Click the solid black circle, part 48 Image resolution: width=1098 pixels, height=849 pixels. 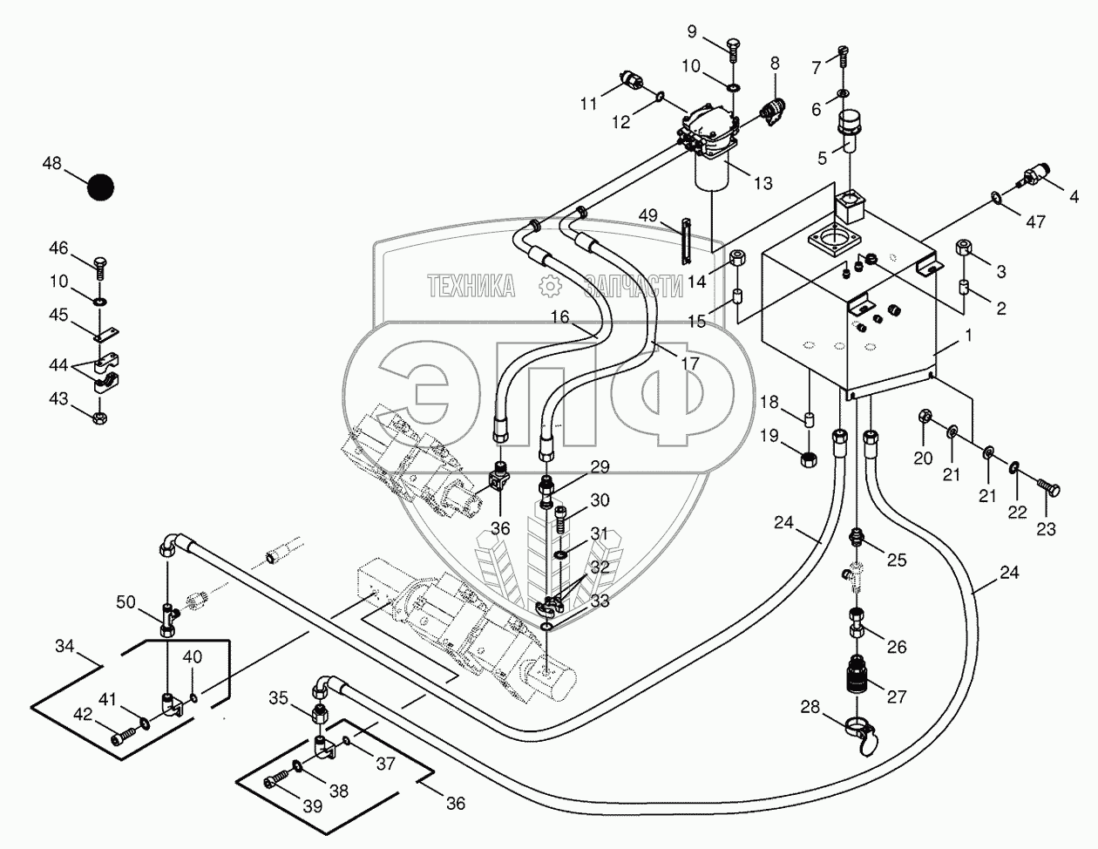coord(100,187)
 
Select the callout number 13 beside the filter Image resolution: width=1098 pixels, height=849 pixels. coord(763,182)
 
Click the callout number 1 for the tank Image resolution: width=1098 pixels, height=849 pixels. coord(968,335)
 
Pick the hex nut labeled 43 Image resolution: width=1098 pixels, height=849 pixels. coord(100,418)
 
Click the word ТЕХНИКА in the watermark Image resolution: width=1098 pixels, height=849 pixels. coord(471,286)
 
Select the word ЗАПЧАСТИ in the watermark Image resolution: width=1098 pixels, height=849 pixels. coord(634,286)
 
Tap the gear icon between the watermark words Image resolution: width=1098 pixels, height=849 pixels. coord(550,286)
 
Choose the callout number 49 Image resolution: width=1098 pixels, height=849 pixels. coord(648,215)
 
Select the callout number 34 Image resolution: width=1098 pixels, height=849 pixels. coord(64,646)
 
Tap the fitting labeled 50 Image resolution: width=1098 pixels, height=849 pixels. coord(168,620)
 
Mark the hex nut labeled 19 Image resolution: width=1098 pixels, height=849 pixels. coord(810,460)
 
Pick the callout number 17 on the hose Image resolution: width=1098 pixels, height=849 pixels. coord(690,363)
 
